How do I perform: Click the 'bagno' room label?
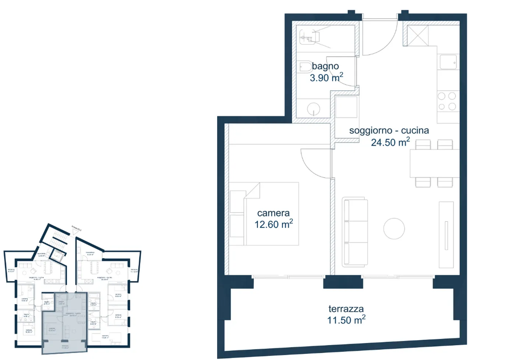[x=325, y=66]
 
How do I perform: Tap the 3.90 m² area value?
[x=326, y=78]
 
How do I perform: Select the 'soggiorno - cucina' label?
[x=389, y=131]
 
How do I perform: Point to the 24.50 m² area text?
[x=390, y=142]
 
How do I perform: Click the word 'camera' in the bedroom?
[x=273, y=213]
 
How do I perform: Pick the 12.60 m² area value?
[x=273, y=224]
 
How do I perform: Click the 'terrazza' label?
[x=346, y=309]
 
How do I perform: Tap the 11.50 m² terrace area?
[x=346, y=320]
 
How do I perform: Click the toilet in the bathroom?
[x=305, y=67]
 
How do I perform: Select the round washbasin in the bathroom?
[x=313, y=109]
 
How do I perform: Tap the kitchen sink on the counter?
[x=448, y=62]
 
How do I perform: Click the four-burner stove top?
[x=447, y=101]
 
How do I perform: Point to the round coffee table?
[x=394, y=228]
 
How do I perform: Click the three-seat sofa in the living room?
[x=355, y=232]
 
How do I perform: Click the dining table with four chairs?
[x=434, y=163]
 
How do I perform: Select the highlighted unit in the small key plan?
[x=64, y=322]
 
